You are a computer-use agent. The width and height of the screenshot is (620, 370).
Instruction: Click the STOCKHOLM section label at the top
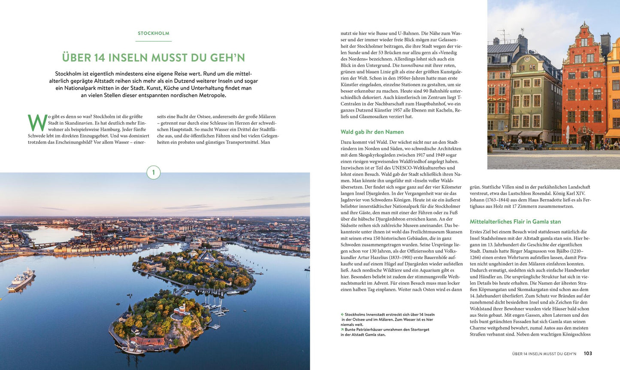(154, 33)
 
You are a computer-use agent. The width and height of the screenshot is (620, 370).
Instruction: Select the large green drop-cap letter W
(37, 123)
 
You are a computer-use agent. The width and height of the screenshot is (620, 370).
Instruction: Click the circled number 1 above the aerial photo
(154, 173)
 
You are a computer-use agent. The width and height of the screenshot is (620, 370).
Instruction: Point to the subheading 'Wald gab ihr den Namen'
(372, 132)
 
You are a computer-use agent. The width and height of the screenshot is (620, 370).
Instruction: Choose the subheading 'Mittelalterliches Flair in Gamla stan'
(515, 221)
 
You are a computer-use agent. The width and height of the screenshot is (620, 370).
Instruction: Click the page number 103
(588, 354)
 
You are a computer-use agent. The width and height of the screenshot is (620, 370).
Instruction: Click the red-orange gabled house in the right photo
(584, 86)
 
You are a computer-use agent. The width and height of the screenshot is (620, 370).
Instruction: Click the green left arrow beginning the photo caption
(342, 315)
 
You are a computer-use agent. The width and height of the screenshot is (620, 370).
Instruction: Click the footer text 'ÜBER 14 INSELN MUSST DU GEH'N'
(544, 354)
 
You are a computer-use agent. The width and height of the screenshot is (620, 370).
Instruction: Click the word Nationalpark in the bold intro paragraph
(82, 88)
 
